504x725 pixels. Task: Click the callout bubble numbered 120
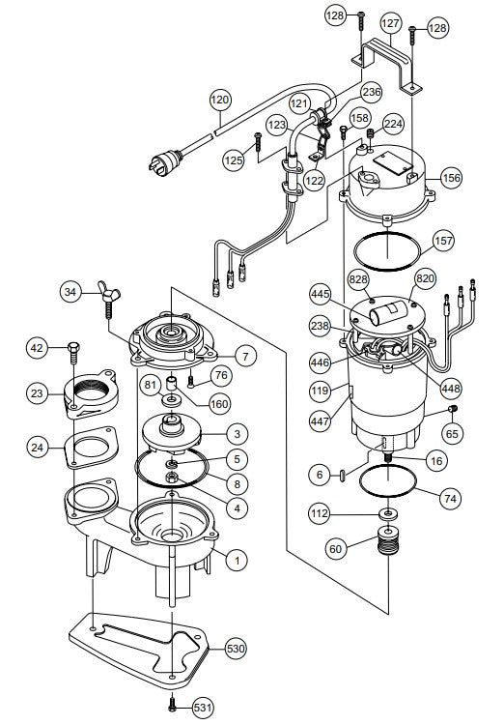point(221,100)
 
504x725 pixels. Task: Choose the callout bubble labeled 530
point(236,647)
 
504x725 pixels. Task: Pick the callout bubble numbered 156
point(451,177)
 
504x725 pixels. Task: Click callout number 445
point(322,293)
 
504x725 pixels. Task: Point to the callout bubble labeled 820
point(424,278)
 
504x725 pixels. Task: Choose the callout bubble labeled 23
point(38,393)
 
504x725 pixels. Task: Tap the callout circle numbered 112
point(320,512)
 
